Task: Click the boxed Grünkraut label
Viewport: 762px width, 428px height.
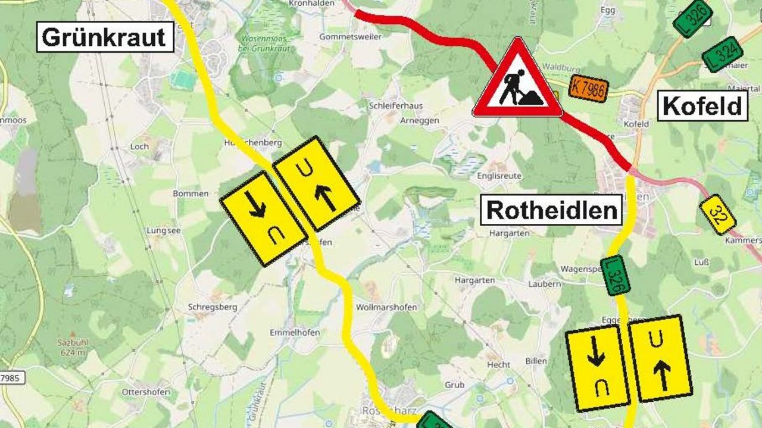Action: [105, 37]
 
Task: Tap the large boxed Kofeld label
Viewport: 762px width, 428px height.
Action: [702, 107]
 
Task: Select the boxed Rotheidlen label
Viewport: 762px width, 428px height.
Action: [553, 210]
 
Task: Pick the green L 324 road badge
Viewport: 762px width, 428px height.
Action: [722, 55]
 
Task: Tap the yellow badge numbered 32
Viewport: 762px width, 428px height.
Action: [717, 214]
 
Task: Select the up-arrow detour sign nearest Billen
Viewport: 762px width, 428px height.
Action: [660, 358]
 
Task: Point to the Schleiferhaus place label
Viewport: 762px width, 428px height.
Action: [395, 105]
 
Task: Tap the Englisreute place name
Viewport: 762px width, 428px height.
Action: [499, 176]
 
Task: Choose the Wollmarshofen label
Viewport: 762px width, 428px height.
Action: [386, 307]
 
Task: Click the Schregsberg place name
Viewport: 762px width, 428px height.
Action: [213, 307]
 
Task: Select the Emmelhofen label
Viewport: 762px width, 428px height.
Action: [295, 332]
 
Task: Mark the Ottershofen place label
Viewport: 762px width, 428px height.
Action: [146, 392]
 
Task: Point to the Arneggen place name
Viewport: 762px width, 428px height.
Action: [420, 120]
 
